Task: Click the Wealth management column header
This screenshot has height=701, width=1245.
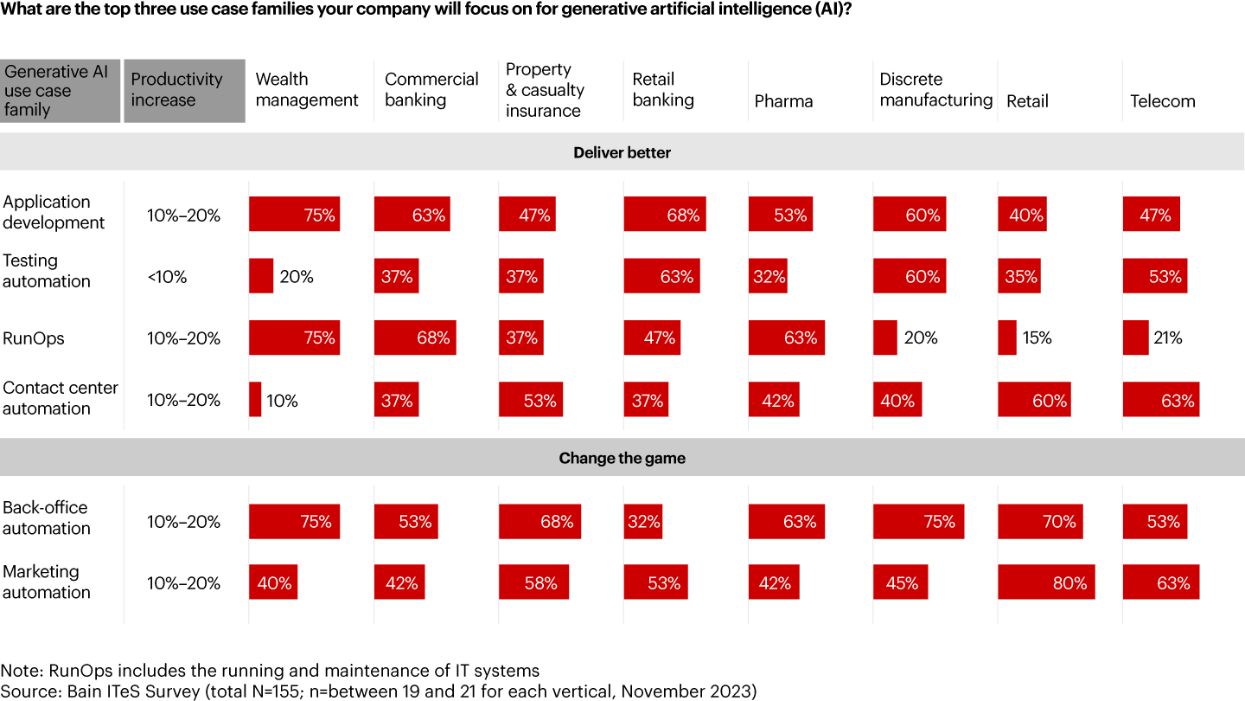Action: tap(307, 90)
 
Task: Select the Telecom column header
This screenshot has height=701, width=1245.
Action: tap(1162, 101)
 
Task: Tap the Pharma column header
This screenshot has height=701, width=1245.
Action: tap(783, 101)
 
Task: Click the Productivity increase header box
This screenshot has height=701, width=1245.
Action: tap(184, 91)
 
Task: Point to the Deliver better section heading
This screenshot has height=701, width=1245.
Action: tap(622, 153)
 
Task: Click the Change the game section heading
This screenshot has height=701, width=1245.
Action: tap(622, 459)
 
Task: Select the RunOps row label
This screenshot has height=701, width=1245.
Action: tap(34, 338)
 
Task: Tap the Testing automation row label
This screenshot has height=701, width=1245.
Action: tap(47, 271)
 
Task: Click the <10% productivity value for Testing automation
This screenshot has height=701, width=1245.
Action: tap(167, 277)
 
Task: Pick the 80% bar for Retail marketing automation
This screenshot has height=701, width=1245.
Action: tap(1046, 583)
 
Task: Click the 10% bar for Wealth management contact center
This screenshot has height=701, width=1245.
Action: tap(255, 400)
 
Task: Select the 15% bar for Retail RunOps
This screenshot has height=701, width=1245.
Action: tap(1007, 338)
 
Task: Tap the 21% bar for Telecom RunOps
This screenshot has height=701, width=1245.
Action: tap(1135, 338)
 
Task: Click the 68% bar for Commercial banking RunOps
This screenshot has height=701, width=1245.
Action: tap(415, 338)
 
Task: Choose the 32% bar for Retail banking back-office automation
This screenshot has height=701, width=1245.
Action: tap(642, 522)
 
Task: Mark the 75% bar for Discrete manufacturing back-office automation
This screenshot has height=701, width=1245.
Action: tap(918, 522)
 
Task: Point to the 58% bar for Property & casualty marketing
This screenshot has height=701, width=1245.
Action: tap(533, 583)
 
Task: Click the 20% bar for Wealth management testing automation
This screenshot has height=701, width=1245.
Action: tap(261, 277)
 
